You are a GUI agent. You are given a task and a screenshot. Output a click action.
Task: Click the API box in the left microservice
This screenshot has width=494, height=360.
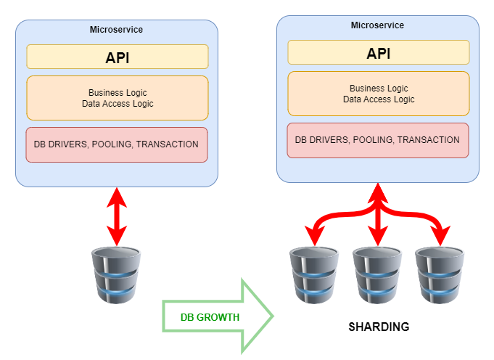tap(117, 57)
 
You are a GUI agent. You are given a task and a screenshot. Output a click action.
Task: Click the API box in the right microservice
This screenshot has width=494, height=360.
tap(378, 53)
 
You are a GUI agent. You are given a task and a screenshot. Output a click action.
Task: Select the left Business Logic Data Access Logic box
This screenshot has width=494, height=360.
tap(117, 98)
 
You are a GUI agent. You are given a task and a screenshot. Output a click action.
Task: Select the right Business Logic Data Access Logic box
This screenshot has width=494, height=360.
tap(378, 94)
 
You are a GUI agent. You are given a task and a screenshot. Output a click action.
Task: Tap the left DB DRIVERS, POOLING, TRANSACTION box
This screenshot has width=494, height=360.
tap(117, 144)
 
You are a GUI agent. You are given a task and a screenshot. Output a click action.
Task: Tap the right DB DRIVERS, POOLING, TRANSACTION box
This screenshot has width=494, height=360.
tap(378, 140)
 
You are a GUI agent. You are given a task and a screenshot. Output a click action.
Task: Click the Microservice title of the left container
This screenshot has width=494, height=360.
tap(116, 30)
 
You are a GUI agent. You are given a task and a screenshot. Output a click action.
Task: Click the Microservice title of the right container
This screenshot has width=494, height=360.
tap(377, 25)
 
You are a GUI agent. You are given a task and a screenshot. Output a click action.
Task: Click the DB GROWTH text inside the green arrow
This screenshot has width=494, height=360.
tap(210, 317)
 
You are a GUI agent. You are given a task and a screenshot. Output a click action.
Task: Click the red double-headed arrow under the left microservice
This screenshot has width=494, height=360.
tap(116, 216)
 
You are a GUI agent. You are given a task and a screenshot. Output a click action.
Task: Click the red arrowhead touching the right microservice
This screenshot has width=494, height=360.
tap(376, 192)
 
